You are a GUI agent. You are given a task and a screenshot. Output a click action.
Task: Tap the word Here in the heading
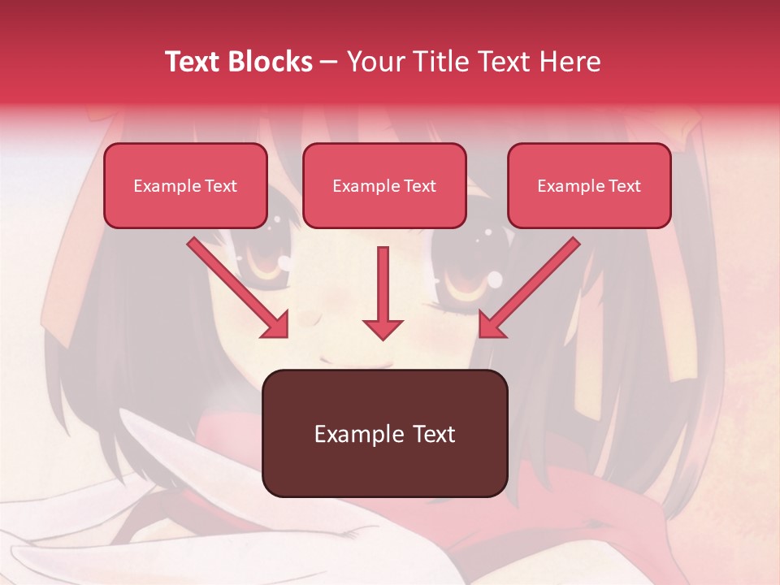coord(570,62)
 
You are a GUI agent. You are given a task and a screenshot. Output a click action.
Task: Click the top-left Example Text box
coord(185,185)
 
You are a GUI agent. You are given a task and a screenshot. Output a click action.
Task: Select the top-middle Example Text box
coord(384,185)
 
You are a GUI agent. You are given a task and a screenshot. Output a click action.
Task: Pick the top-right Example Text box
coord(589,185)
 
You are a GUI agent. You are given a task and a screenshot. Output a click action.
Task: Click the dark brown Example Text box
coord(384,433)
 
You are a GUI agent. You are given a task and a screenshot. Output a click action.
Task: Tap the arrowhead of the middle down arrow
coord(383,328)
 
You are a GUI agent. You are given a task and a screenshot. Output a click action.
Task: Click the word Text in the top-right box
coord(625,186)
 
